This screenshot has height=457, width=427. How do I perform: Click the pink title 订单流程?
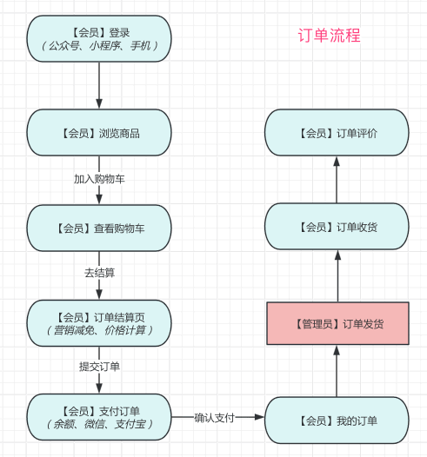coord(329,36)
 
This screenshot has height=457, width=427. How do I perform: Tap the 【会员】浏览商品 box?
coord(99,133)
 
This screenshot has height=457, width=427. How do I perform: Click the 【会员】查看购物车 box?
coord(99,228)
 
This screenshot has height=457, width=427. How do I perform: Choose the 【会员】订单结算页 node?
coord(99,322)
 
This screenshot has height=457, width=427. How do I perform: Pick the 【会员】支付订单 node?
coord(99,417)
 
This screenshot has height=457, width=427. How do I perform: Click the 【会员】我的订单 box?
coord(336,421)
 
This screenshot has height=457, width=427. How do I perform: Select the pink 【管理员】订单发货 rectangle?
coord(336,324)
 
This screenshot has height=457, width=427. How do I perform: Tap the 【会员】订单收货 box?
coord(336,228)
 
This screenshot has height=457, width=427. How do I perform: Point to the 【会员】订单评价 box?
coord(336,133)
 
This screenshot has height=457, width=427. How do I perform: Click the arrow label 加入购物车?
coord(99,179)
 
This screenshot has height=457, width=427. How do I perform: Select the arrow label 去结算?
coord(99,273)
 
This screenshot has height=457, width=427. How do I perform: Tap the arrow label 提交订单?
coord(99,367)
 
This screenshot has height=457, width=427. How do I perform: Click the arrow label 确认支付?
coord(214,418)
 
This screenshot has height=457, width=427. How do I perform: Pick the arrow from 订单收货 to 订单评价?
coord(336,180)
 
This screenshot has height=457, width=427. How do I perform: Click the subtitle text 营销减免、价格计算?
coord(99,330)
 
